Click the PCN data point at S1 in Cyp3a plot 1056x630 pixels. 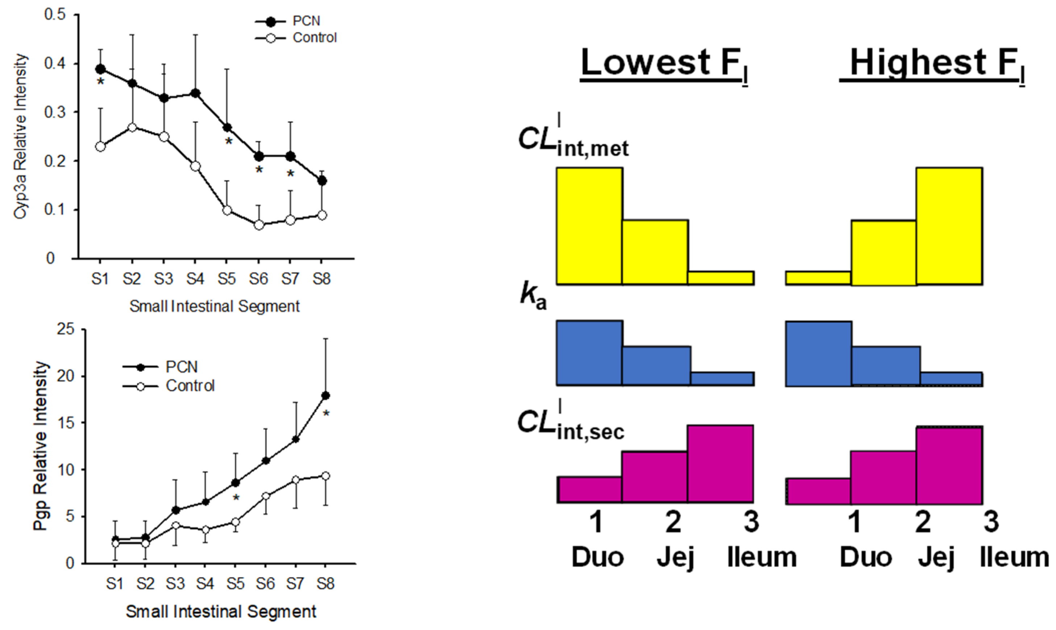click(100, 69)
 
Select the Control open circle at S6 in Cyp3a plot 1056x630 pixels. click(259, 225)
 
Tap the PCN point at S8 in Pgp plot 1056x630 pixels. click(326, 396)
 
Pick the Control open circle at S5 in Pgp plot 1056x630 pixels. click(235, 522)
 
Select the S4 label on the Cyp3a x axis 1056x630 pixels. click(195, 279)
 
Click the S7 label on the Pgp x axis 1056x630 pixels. click(295, 584)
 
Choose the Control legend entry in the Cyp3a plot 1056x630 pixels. click(314, 38)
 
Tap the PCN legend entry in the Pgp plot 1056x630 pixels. click(181, 367)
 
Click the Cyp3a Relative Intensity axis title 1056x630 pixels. click(20, 136)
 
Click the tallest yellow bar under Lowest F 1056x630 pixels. click(589, 226)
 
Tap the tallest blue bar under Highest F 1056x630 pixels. click(819, 354)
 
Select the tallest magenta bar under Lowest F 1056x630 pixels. click(720, 464)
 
